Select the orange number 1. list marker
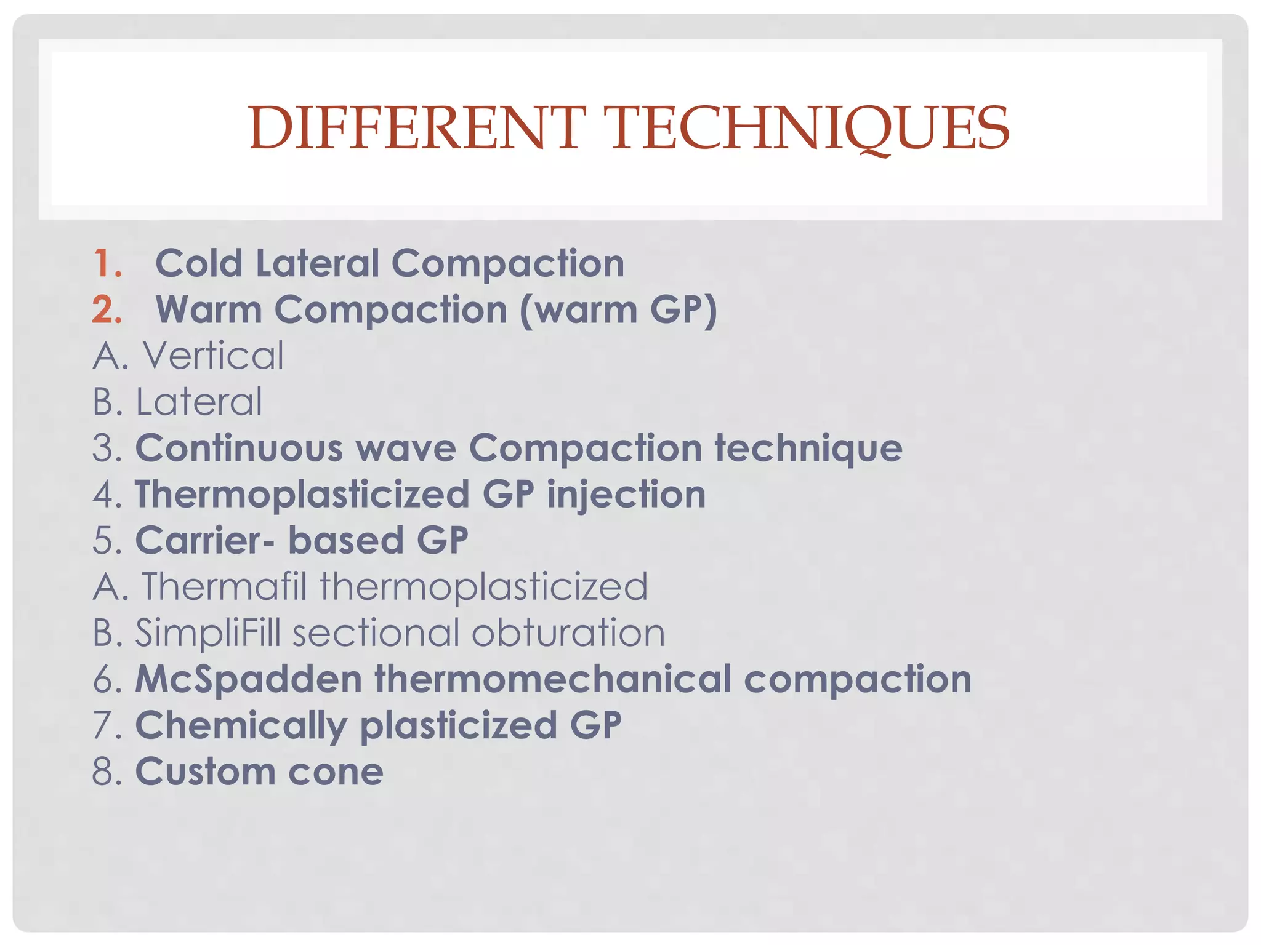(x=108, y=263)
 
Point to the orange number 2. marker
(x=108, y=309)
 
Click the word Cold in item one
(x=198, y=263)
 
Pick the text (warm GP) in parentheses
(x=619, y=309)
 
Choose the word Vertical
(x=213, y=356)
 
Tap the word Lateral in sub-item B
(x=199, y=402)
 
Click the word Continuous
(x=239, y=448)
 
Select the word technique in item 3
(x=808, y=448)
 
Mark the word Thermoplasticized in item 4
(x=302, y=494)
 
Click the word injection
(x=626, y=494)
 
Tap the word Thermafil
(x=224, y=586)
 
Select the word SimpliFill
(x=208, y=632)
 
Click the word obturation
(x=568, y=632)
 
